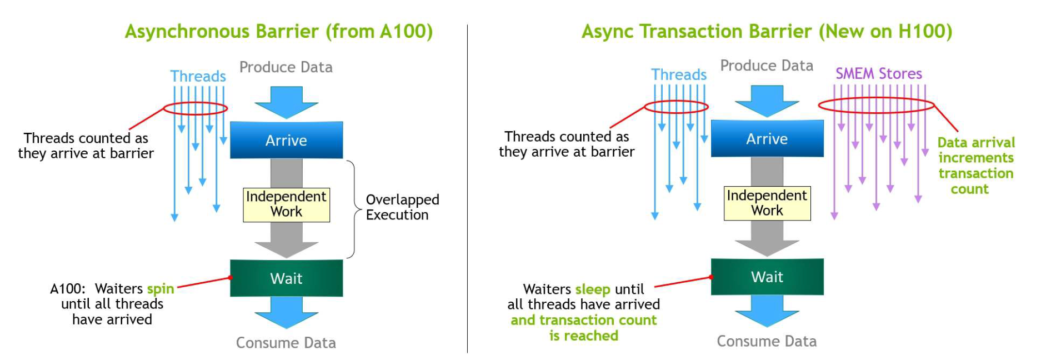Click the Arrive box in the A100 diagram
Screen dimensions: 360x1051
click(x=286, y=140)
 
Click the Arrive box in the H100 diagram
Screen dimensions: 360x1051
click(x=767, y=138)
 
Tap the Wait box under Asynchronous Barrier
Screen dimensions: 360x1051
click(x=286, y=278)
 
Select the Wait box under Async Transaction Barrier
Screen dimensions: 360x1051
click(x=767, y=276)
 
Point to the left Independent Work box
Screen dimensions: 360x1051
click(x=286, y=204)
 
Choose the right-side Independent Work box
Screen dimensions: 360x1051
click(x=767, y=203)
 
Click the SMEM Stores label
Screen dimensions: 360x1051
click(x=878, y=73)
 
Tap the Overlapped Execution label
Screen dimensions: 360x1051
click(x=402, y=207)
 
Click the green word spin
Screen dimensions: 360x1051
click(x=161, y=289)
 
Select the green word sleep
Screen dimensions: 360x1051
click(x=593, y=289)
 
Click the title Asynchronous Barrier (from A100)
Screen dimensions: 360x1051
click(x=278, y=31)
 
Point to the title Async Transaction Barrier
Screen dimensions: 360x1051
click(x=767, y=31)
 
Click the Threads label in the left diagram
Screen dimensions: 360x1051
click(x=198, y=76)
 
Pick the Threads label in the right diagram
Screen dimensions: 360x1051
click(x=679, y=74)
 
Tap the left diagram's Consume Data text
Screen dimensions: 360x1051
click(x=286, y=343)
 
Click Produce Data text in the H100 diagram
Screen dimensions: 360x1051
click(x=767, y=66)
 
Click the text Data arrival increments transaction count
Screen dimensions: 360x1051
click(x=975, y=166)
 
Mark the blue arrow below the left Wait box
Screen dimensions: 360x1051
click(x=286, y=311)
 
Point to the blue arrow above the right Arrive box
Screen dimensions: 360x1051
click(x=767, y=101)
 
